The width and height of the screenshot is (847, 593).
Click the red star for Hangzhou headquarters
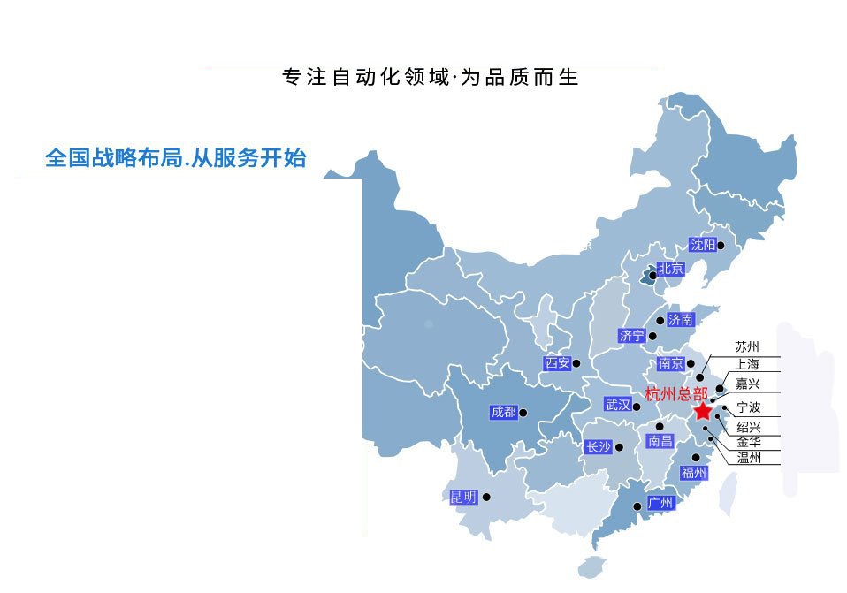[x=702, y=412]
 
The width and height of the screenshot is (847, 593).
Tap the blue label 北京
[x=671, y=269]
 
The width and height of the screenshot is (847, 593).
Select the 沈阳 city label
[x=703, y=245]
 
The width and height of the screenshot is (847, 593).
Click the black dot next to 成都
[x=523, y=412]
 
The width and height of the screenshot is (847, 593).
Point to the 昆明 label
[x=463, y=498]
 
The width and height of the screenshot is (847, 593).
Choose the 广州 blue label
[x=660, y=503]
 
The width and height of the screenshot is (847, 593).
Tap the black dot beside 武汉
[x=636, y=405]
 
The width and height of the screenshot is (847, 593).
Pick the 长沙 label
[x=599, y=447]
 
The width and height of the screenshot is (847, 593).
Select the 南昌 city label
[x=660, y=440]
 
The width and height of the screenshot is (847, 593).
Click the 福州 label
[x=693, y=473]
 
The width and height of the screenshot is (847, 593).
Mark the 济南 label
[x=680, y=319]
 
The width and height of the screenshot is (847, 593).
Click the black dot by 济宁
[x=652, y=336]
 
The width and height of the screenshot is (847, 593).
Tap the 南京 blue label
[x=671, y=363]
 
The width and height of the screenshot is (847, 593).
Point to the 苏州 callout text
[x=747, y=347]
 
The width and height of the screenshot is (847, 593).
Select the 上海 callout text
[x=747, y=364]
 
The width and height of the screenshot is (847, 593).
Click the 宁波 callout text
[x=748, y=407]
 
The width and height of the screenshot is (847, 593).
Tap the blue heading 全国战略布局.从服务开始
[x=175, y=158]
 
